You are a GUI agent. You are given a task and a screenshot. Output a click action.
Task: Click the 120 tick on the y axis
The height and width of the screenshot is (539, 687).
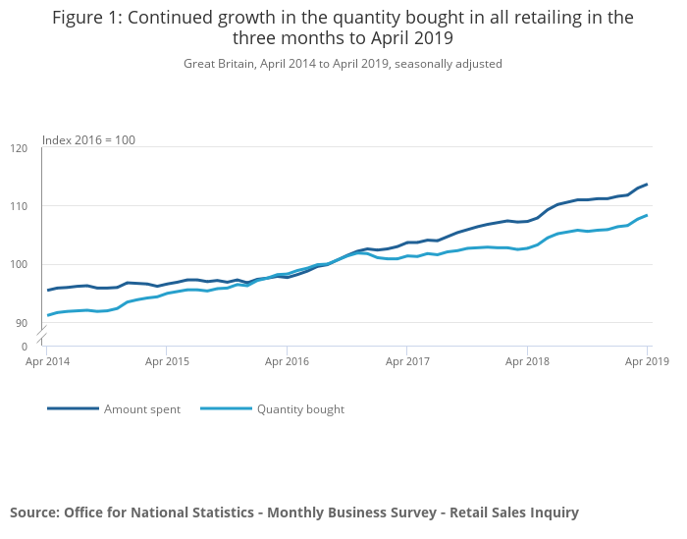[x=20, y=148]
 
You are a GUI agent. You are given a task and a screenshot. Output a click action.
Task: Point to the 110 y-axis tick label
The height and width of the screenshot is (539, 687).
[x=20, y=206]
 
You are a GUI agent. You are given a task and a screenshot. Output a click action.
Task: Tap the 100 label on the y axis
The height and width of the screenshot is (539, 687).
[x=20, y=264]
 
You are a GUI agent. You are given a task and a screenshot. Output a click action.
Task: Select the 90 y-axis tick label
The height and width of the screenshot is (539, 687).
[x=23, y=323]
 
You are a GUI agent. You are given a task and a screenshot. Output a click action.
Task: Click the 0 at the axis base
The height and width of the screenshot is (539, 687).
[x=25, y=347]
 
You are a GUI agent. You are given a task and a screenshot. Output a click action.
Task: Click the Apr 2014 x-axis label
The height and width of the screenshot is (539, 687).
[x=46, y=361]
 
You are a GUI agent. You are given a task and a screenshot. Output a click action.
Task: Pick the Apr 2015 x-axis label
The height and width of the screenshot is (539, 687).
[x=166, y=361]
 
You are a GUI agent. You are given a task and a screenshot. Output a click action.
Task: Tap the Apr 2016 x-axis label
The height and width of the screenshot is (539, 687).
[x=287, y=361]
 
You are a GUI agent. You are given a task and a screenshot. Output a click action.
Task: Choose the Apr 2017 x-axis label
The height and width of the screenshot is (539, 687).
[x=407, y=361]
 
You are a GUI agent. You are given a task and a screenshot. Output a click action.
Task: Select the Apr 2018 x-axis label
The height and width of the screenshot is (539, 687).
[x=527, y=361]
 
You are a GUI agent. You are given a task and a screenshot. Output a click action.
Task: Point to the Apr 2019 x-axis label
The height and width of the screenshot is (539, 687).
[x=647, y=361]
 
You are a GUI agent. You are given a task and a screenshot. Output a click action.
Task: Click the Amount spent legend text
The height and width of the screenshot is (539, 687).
[x=142, y=409]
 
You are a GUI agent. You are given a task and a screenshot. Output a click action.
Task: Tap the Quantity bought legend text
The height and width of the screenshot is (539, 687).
[x=300, y=409]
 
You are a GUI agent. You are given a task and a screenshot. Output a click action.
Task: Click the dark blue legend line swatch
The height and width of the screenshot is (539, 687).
[x=73, y=408]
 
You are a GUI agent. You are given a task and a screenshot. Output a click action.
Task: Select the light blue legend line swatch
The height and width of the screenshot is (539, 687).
[x=226, y=408]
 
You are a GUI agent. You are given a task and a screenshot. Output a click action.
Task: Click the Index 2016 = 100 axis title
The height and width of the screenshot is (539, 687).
[x=88, y=140]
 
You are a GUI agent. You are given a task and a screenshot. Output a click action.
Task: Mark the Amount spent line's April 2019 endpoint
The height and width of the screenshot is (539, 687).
[x=647, y=185]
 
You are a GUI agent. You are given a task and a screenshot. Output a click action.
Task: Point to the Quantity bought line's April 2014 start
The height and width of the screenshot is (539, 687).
[x=47, y=315]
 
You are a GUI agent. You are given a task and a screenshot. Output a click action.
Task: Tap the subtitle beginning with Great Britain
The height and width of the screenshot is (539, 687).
[x=343, y=64]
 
